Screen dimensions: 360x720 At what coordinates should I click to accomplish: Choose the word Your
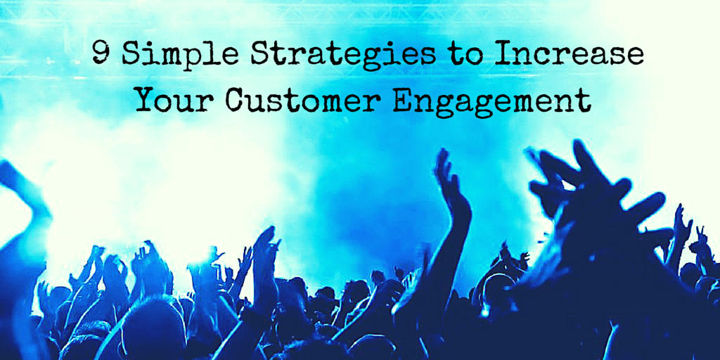(175, 100)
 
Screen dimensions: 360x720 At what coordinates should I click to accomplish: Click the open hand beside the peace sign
(681, 225)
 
